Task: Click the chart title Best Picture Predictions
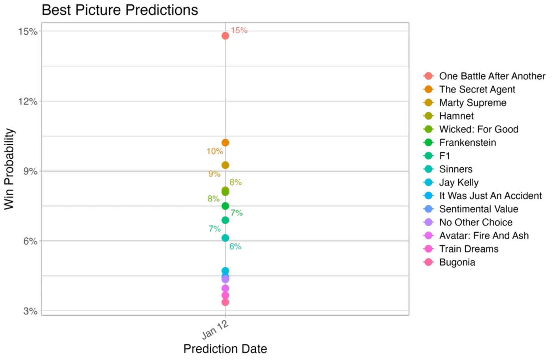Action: point(120,10)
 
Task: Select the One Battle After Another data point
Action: point(225,36)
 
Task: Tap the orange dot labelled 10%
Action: point(225,142)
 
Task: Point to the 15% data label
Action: point(239,30)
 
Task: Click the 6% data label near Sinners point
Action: point(235,246)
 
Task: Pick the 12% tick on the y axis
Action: point(28,101)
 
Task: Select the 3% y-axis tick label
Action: point(30,311)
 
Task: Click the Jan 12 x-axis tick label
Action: point(215,330)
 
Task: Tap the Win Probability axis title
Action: point(9,169)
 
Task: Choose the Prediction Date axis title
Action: point(225,349)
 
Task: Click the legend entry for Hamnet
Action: point(456,116)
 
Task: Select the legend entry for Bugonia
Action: point(457,262)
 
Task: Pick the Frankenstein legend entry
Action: point(467,142)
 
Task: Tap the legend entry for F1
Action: point(444,156)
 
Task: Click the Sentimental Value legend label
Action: point(478,209)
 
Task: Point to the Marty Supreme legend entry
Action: point(472,103)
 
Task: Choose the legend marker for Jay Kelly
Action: point(428,182)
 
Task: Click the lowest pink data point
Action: point(225,302)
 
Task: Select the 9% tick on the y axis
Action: point(30,171)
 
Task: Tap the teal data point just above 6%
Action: point(225,238)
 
